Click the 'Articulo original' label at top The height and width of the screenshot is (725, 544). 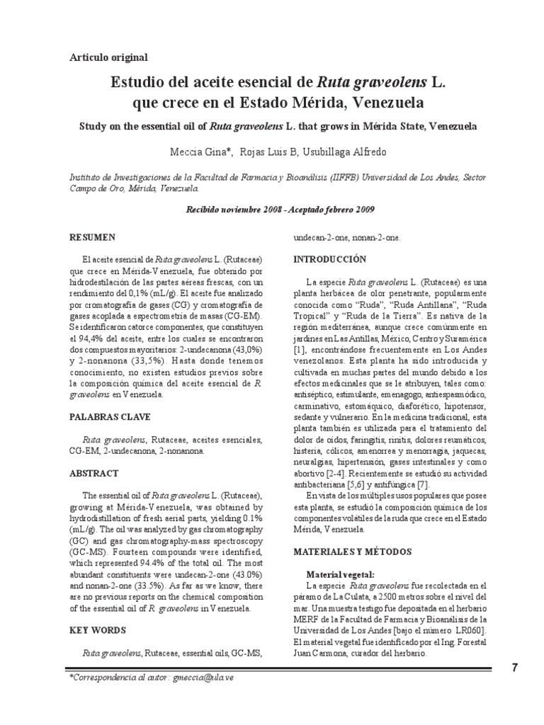(108, 57)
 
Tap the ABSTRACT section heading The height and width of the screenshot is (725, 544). (94, 473)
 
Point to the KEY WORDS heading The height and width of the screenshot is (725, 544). (98, 629)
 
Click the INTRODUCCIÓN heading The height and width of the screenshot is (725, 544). (331, 259)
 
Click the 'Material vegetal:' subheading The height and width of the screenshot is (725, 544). (341, 574)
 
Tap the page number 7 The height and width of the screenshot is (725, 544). (514, 668)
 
